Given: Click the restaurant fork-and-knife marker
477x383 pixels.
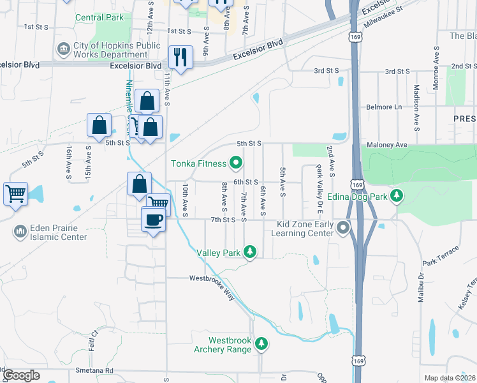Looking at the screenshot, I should coord(180,57).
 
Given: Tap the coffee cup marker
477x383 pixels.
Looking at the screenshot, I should coord(153,220).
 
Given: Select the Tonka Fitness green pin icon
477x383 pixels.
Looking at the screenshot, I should coord(236,163).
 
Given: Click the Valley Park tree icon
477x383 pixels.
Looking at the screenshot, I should coord(251,253).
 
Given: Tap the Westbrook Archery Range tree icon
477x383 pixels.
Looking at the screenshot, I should coord(261,344).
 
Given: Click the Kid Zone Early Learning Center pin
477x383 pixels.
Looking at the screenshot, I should coord(344,227).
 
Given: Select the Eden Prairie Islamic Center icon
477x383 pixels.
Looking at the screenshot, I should coord(21,230).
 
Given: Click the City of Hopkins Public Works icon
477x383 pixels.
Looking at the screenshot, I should coord(63,49).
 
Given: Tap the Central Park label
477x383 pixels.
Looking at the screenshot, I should coord(99,17).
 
